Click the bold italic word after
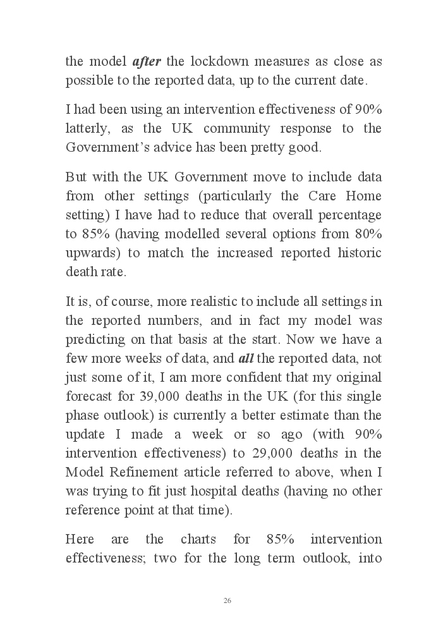click(x=147, y=62)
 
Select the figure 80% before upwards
click(x=367, y=234)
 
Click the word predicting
click(x=94, y=339)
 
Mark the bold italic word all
click(x=246, y=358)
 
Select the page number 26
click(x=227, y=600)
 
